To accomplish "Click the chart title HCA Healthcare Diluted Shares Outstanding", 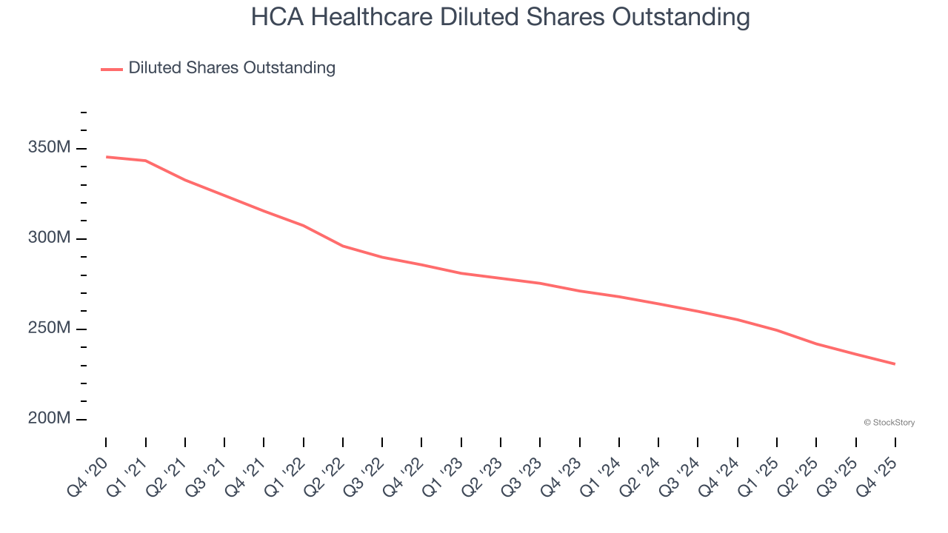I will [x=500, y=17].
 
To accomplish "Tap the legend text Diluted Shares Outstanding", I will [x=232, y=68].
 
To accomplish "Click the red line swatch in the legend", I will [x=112, y=69].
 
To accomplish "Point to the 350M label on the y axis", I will [x=49, y=148].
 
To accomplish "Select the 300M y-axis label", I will [x=49, y=238].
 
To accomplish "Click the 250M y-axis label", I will [x=49, y=328].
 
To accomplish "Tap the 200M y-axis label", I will [x=49, y=418].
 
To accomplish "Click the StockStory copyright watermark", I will [x=889, y=423].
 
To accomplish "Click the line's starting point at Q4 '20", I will [x=106, y=157].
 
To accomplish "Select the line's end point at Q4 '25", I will [x=895, y=363].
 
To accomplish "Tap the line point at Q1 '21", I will [x=145, y=161].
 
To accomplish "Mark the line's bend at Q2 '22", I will [x=343, y=246].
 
